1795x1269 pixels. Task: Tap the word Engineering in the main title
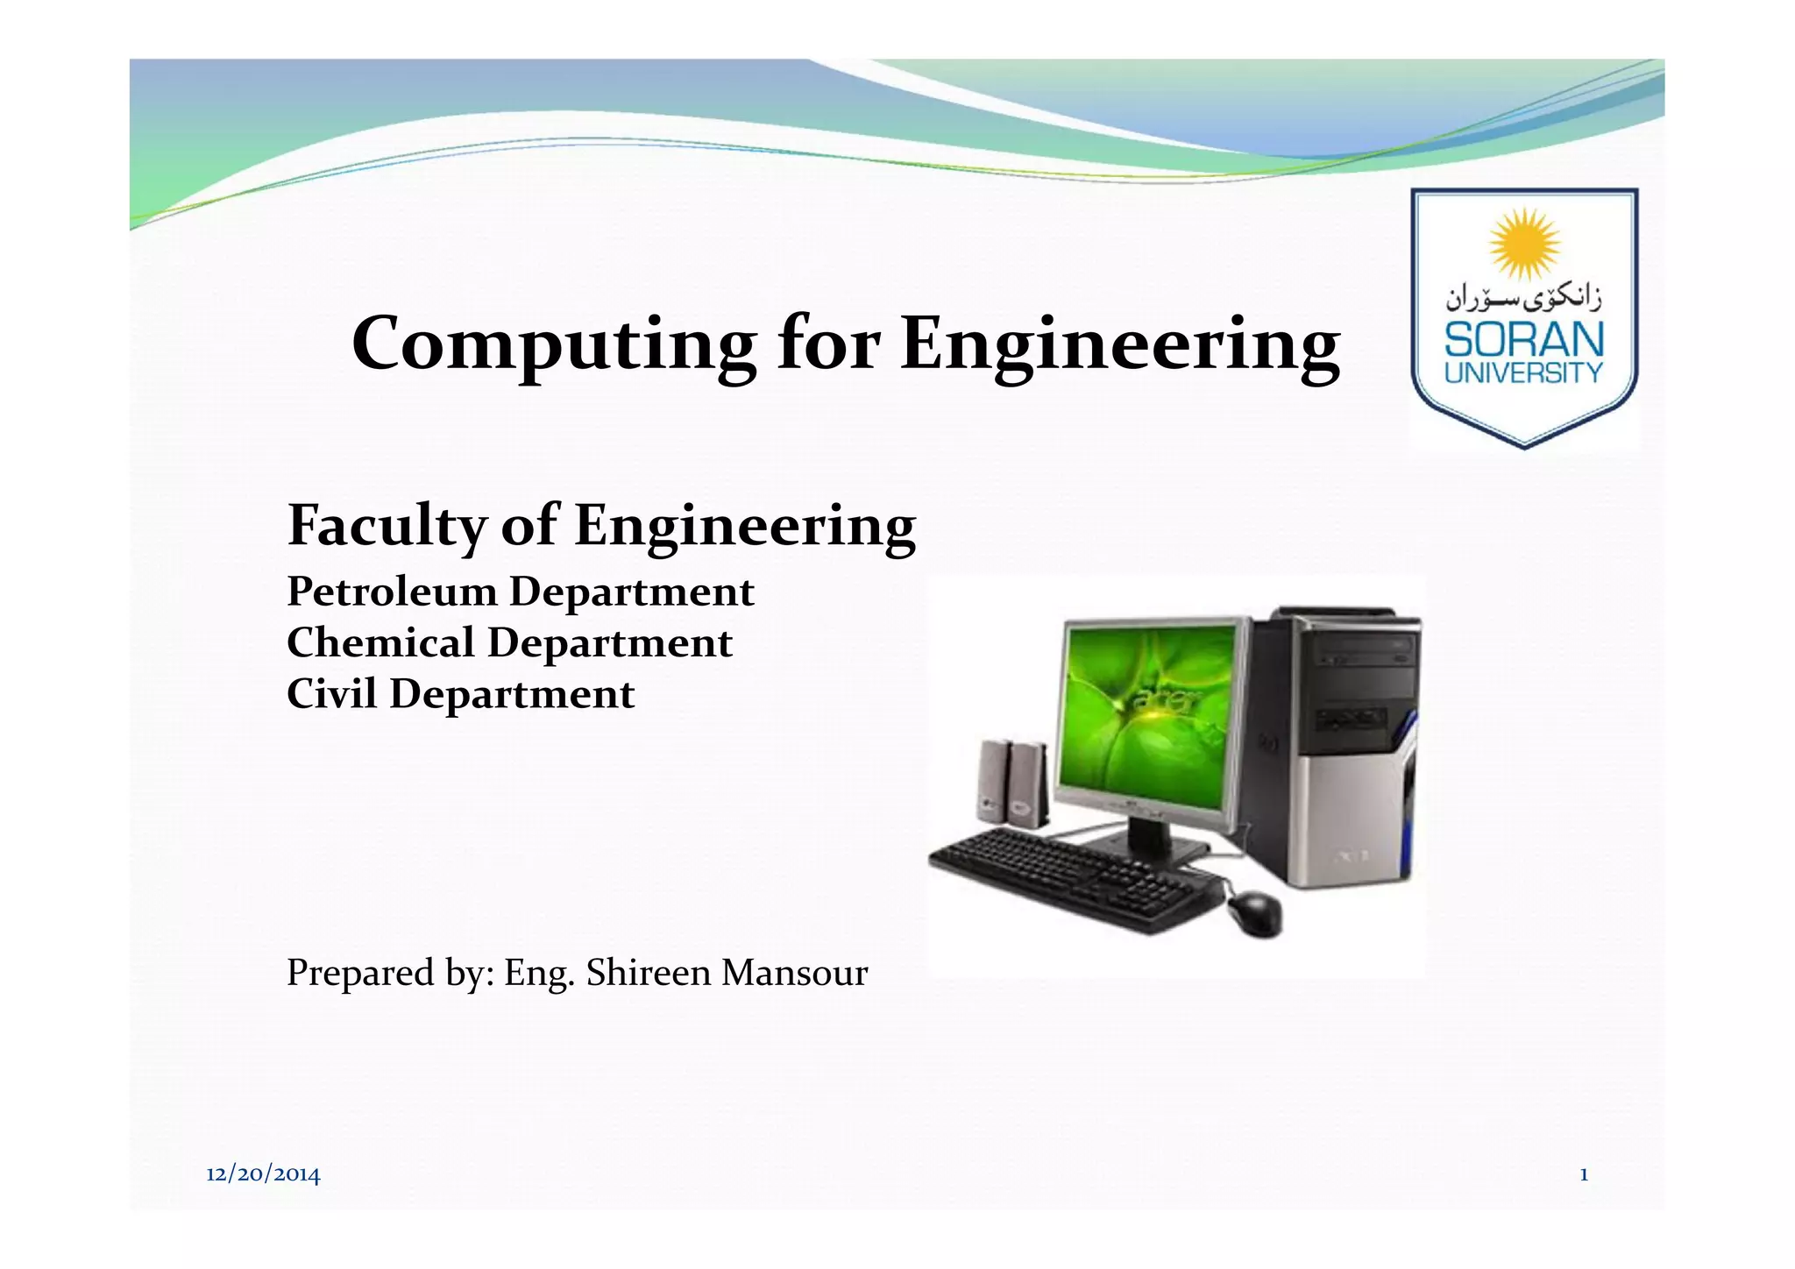[1120, 344]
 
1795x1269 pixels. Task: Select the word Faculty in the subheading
[386, 526]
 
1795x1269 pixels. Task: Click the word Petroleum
[391, 592]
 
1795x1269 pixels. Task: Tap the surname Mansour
[794, 973]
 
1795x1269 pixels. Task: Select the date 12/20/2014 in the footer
[263, 1174]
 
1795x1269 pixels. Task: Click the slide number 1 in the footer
[1584, 1174]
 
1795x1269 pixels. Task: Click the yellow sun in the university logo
[1524, 245]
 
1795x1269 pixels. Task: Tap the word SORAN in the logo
[1524, 339]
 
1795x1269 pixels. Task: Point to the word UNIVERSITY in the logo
[1524, 373]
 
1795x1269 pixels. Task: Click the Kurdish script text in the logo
[1524, 299]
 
